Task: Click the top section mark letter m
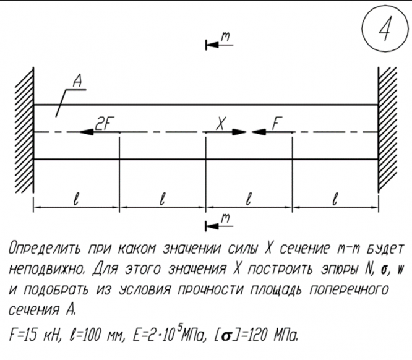(226, 38)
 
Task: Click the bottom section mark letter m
(226, 217)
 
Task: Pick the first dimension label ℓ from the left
(75, 199)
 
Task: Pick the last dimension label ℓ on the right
(335, 199)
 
